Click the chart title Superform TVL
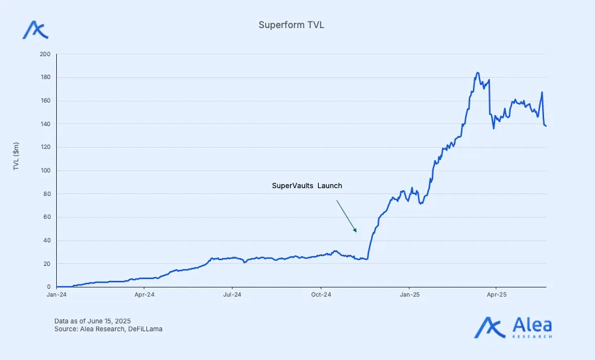(x=291, y=25)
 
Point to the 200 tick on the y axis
(x=45, y=54)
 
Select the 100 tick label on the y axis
(x=45, y=171)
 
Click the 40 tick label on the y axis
(x=46, y=240)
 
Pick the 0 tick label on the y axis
(x=48, y=287)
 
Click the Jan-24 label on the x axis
(x=57, y=295)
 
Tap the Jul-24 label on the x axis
(x=233, y=295)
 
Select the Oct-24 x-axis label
(x=321, y=295)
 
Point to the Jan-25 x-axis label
(x=409, y=295)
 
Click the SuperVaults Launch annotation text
(x=307, y=186)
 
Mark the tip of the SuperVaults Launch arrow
(x=357, y=232)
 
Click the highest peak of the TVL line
(x=477, y=73)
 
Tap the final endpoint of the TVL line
(x=546, y=126)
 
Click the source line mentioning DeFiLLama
(x=109, y=329)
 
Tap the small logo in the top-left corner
(x=35, y=29)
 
